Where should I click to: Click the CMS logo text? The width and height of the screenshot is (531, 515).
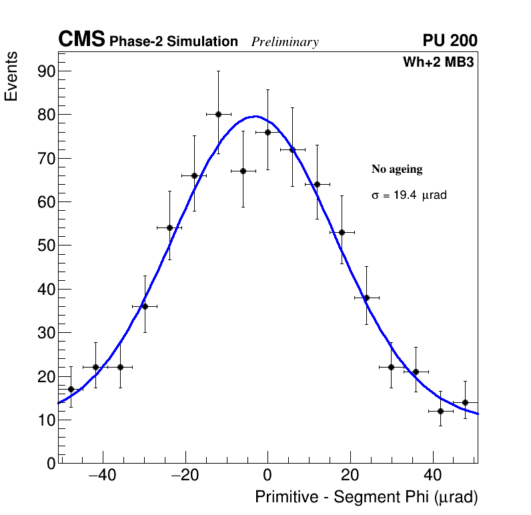point(81,40)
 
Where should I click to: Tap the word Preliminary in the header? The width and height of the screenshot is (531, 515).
point(285,42)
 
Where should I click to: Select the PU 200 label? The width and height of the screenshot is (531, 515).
point(450,41)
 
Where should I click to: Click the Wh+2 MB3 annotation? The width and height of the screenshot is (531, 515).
point(438,63)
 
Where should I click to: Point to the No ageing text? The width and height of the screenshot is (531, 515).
point(397,169)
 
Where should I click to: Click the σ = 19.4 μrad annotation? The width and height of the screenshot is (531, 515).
point(409,195)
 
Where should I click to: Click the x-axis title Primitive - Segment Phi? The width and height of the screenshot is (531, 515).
point(366,498)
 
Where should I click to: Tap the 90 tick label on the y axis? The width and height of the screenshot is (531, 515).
point(46,71)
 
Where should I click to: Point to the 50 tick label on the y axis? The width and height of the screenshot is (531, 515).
point(46,245)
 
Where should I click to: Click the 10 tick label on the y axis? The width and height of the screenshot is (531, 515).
point(46,420)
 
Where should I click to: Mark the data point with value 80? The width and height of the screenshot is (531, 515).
point(218,114)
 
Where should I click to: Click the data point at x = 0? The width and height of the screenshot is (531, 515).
point(268,132)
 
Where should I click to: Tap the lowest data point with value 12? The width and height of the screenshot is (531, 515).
point(440,411)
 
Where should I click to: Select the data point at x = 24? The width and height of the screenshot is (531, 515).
point(366,298)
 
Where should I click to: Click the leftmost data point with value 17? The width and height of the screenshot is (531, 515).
point(71,389)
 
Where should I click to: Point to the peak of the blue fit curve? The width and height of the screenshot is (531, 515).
point(255,116)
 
